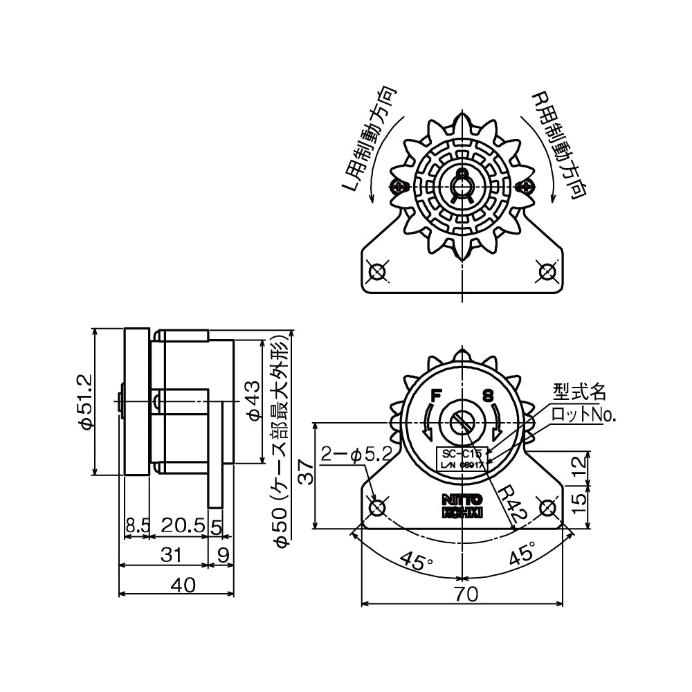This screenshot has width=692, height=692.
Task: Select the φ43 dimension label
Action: click(253, 401)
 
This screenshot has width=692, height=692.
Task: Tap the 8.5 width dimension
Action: click(136, 527)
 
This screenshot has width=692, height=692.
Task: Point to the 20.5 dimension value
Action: click(181, 527)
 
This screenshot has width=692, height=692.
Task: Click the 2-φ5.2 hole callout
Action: click(356, 455)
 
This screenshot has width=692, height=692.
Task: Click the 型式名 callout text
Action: click(579, 392)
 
